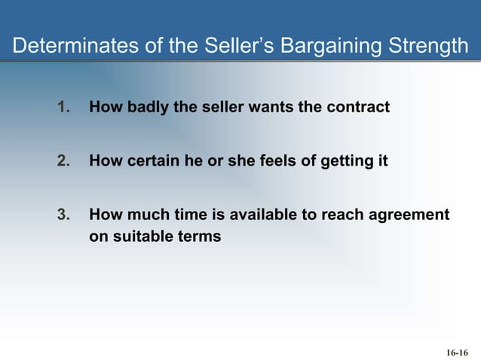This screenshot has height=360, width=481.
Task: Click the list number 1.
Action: pyautogui.click(x=64, y=107)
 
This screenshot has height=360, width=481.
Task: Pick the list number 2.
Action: pyautogui.click(x=64, y=160)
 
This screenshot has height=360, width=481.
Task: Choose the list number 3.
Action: pyautogui.click(x=64, y=215)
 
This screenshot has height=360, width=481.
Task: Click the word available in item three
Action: pyautogui.click(x=262, y=215)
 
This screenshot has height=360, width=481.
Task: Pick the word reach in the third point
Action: pyautogui.click(x=340, y=215)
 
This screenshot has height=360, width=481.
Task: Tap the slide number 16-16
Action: pyautogui.click(x=456, y=352)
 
